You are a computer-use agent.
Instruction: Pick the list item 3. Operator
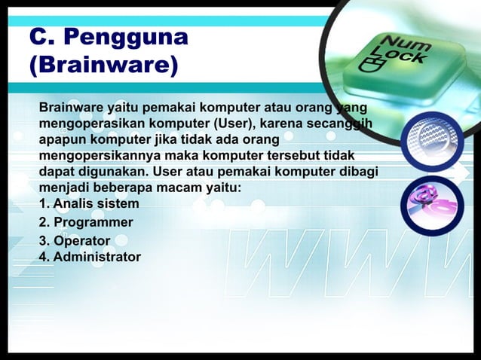(x=74, y=241)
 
